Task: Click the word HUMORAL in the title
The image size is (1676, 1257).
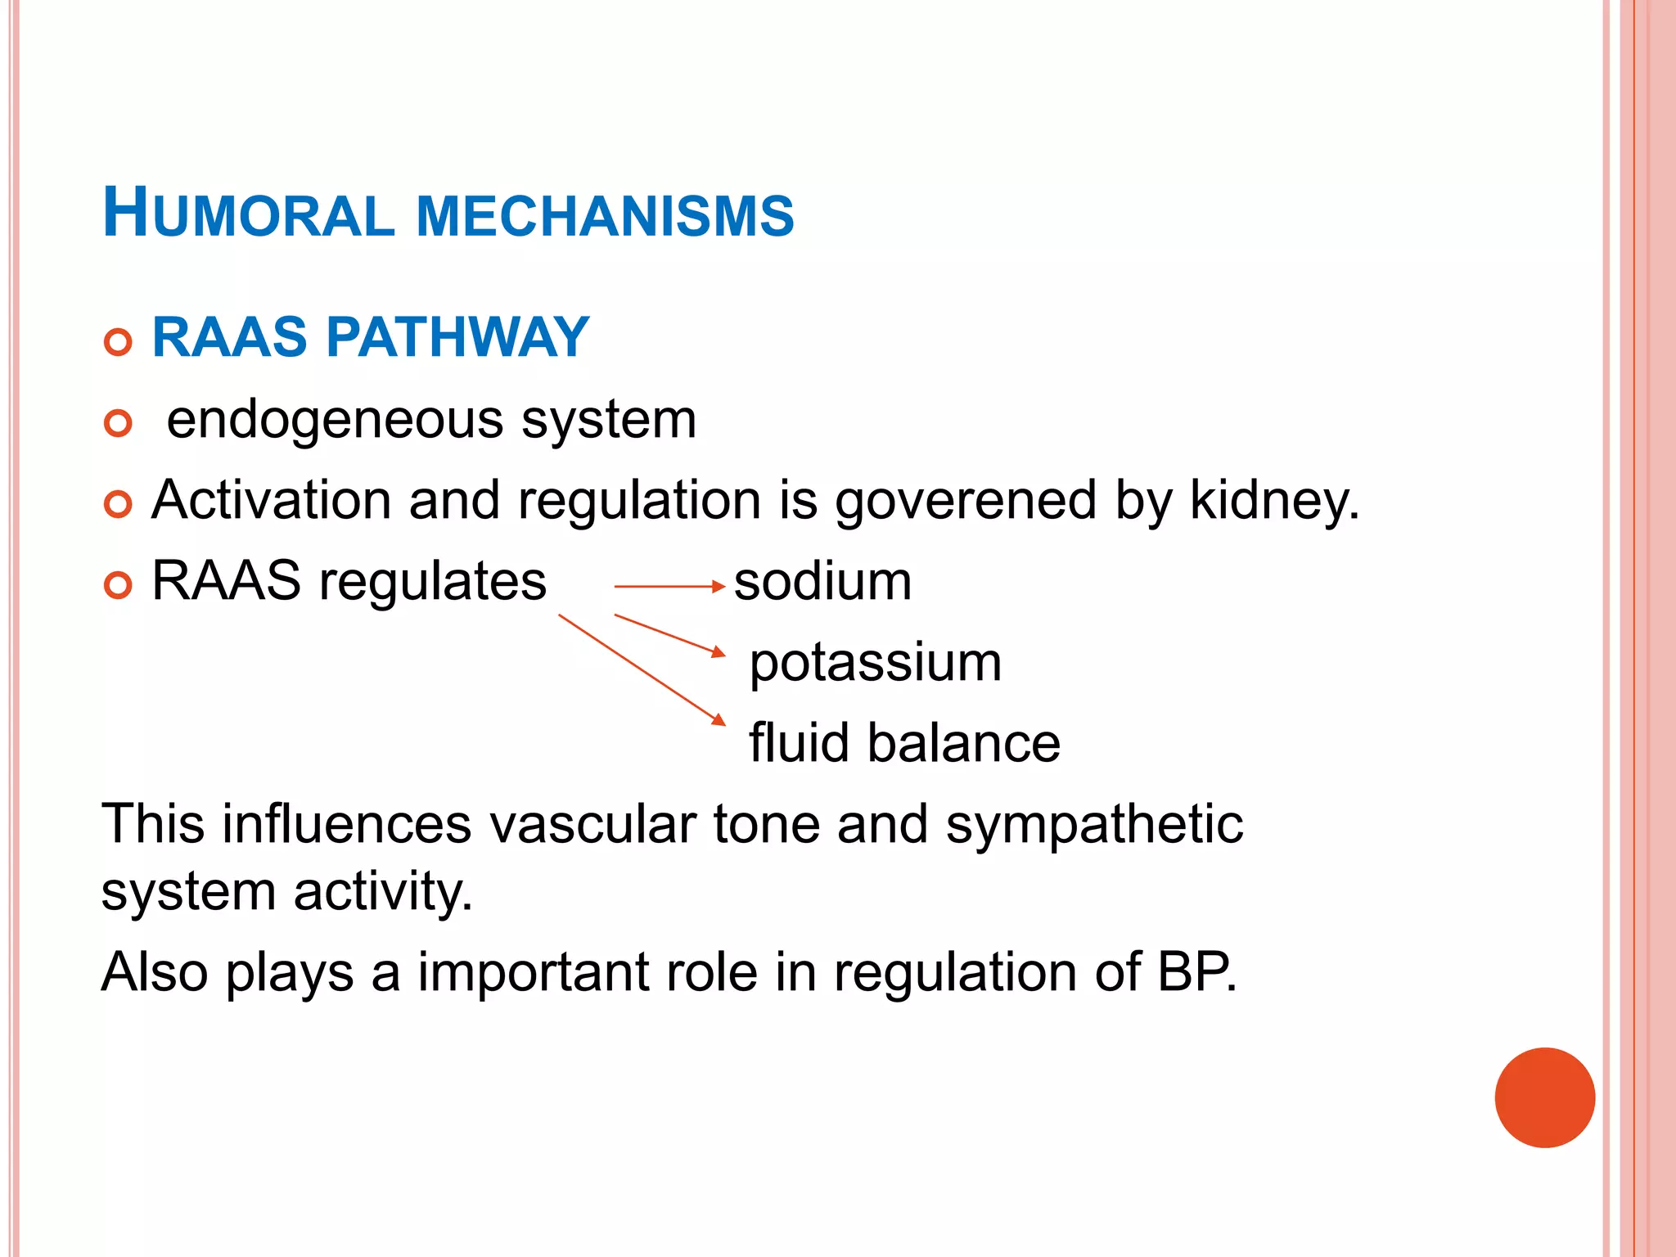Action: (249, 214)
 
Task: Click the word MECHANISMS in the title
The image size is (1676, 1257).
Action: (605, 216)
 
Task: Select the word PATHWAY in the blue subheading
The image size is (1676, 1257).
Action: (457, 337)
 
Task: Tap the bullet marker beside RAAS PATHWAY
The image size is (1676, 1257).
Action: (119, 342)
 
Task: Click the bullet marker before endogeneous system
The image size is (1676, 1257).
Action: (119, 423)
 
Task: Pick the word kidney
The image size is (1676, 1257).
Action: (1273, 501)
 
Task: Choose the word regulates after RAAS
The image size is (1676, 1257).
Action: (432, 583)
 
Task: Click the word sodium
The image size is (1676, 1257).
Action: (822, 582)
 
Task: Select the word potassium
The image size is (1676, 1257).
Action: (875, 662)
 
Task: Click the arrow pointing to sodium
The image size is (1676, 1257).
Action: (669, 587)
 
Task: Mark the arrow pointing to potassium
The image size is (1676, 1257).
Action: (669, 634)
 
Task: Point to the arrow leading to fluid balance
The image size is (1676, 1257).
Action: (642, 669)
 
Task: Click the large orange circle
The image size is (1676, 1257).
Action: (1544, 1097)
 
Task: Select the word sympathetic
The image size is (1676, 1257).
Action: (1094, 824)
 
